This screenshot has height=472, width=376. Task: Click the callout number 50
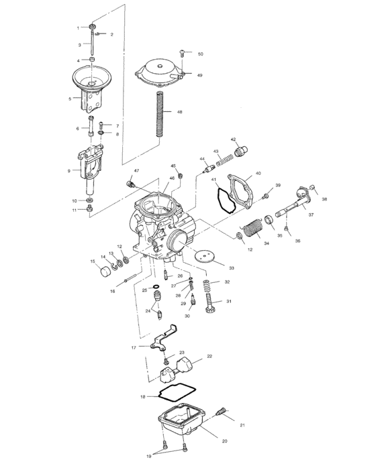click(x=200, y=53)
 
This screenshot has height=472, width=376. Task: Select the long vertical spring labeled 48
click(x=160, y=114)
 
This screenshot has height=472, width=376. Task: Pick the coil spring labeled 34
click(x=251, y=229)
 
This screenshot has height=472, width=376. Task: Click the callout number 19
click(x=149, y=456)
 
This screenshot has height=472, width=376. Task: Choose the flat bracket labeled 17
click(x=163, y=341)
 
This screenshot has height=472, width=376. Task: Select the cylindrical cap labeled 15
click(x=105, y=271)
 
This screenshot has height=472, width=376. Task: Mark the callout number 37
click(x=311, y=215)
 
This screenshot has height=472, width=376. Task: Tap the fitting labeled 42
click(x=241, y=149)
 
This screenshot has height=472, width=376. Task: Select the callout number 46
click(x=172, y=178)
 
